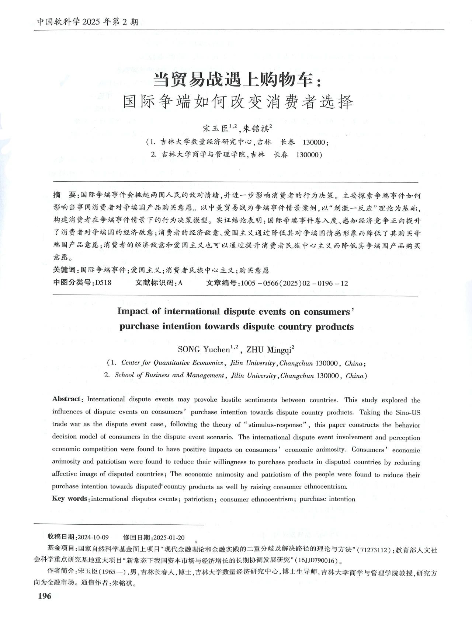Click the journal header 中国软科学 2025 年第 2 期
click(x=87, y=22)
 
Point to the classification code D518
click(x=103, y=283)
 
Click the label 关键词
click(x=64, y=270)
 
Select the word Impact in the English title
click(x=133, y=311)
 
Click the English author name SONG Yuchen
click(x=204, y=349)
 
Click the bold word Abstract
click(x=66, y=399)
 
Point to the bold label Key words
click(x=70, y=499)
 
